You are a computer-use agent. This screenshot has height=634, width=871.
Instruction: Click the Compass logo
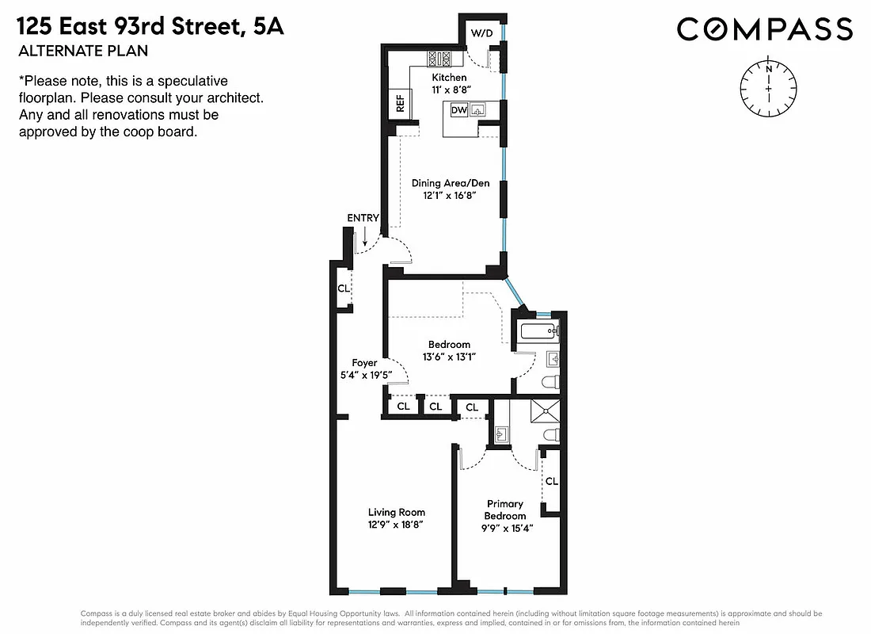pos(764,30)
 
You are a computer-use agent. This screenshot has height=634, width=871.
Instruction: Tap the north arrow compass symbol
pos(767,88)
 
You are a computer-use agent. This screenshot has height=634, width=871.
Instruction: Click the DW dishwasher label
pos(458,111)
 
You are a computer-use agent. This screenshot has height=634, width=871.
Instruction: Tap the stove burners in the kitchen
pos(439,58)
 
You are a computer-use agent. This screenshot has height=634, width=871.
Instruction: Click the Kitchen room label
pos(449,78)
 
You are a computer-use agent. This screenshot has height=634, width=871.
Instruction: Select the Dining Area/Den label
pos(445,182)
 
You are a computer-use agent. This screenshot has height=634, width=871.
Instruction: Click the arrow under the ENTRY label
pos(363,235)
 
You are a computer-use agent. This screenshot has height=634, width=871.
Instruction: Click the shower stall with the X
pos(545,411)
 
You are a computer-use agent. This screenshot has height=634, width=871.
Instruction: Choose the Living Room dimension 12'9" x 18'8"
pos(396,525)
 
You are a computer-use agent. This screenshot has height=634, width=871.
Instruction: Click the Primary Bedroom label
pos(505,510)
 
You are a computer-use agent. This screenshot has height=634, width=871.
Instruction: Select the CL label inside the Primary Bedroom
pos(551,481)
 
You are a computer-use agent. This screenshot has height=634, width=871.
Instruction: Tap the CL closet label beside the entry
pos(343,288)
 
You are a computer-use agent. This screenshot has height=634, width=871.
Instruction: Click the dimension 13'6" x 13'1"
pos(449,357)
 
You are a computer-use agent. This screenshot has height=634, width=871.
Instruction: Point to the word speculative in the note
pos(189,81)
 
